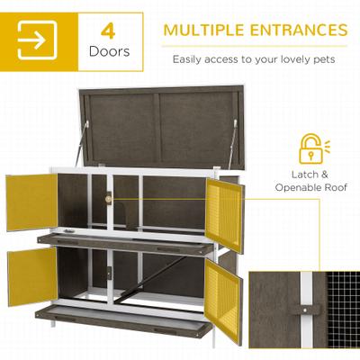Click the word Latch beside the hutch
tap(302, 175)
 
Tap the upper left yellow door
tap(31, 202)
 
